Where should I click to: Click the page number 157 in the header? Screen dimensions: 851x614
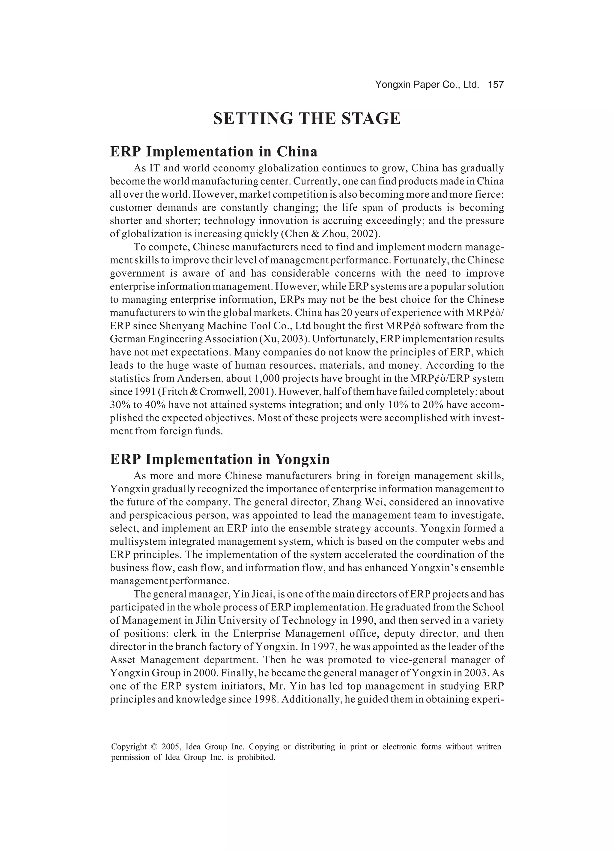pos(496,85)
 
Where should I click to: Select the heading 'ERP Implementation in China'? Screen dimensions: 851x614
pos(213,151)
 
